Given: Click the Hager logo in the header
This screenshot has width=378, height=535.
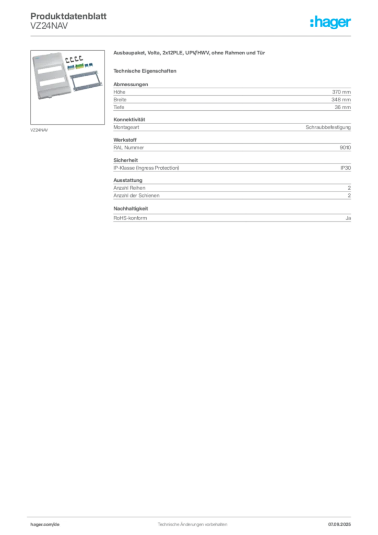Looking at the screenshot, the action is (x=330, y=22).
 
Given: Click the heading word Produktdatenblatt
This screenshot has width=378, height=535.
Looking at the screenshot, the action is (x=68, y=16).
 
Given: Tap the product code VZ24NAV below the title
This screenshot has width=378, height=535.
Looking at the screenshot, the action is (x=49, y=26).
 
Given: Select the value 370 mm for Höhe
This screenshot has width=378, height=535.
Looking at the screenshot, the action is (x=341, y=92).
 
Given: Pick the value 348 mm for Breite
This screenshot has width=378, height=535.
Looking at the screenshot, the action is (x=341, y=100).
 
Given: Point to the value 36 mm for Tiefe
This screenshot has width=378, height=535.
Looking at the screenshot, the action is (x=342, y=107).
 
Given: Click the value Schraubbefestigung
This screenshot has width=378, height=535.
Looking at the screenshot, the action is (x=328, y=127).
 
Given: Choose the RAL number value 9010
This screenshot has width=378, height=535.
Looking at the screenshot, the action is (x=345, y=147).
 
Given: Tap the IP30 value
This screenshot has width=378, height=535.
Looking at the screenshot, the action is (x=346, y=168).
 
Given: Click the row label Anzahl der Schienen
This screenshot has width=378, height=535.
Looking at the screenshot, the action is (x=136, y=195).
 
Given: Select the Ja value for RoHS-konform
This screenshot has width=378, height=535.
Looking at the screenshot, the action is (x=348, y=218).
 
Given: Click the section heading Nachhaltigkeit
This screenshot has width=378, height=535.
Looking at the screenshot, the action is (x=131, y=208).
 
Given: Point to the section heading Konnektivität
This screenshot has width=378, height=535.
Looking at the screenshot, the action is (x=129, y=120).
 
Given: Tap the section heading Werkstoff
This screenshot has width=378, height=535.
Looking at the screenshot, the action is (x=125, y=140).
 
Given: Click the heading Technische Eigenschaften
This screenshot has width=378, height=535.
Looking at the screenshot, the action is (x=145, y=71).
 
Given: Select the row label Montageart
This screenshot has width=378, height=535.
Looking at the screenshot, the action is (x=126, y=127).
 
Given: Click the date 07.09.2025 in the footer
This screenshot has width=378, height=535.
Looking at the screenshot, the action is (x=339, y=525).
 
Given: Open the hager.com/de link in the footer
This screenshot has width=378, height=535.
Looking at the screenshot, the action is (x=45, y=525).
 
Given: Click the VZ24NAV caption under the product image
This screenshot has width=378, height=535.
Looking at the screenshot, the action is (x=39, y=130).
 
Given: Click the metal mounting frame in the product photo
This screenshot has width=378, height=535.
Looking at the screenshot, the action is (x=86, y=81).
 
